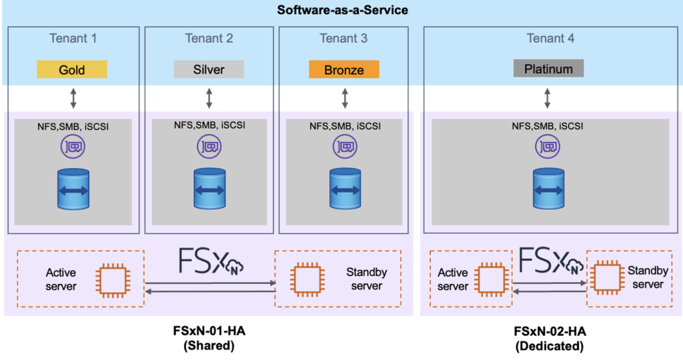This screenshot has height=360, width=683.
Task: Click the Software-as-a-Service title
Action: (x=341, y=11)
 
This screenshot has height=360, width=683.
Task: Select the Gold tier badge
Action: (x=72, y=69)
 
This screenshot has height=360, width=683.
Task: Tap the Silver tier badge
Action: (x=209, y=69)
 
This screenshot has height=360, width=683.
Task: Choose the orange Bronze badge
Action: (x=344, y=69)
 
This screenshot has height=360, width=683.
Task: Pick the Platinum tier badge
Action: (x=548, y=69)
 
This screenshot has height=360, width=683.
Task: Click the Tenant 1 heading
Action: (x=73, y=39)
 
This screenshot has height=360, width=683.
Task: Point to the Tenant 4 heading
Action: (x=550, y=39)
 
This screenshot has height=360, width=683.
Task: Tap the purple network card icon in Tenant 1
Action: (x=73, y=147)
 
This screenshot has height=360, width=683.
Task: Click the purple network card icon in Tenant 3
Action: (x=344, y=147)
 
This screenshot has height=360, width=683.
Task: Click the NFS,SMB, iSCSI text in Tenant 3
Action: (x=344, y=127)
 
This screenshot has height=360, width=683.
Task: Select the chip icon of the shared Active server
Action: (x=109, y=279)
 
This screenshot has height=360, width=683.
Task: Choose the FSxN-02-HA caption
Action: (x=548, y=331)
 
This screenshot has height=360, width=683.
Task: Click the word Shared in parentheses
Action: (x=212, y=346)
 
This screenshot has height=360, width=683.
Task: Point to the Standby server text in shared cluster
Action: (x=366, y=279)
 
